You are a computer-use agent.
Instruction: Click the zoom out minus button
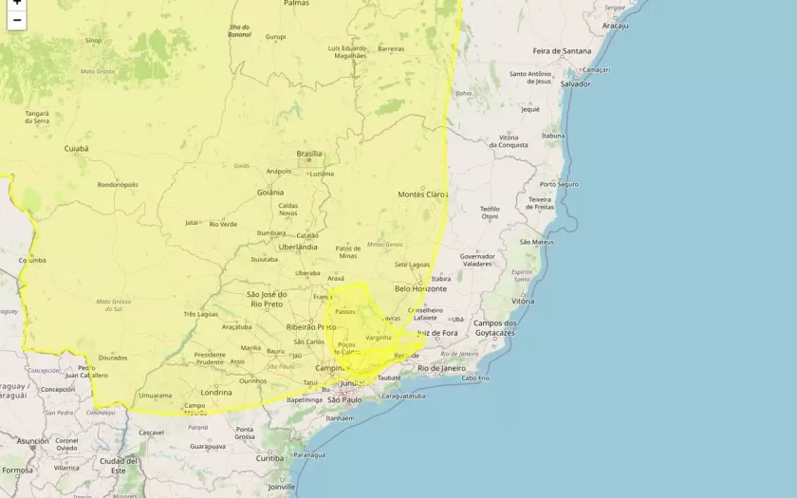coord(16,20)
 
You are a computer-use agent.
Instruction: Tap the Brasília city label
coord(309,154)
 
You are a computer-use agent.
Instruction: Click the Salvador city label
coord(575,83)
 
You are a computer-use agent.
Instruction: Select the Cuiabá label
coord(76,149)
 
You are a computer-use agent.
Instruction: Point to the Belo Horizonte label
coord(420,288)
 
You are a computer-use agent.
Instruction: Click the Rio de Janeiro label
coord(442,367)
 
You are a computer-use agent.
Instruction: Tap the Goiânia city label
coord(269,192)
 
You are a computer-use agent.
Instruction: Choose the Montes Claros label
coord(422,194)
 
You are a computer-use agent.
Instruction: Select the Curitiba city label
coord(269,458)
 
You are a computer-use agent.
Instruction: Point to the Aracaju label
coord(615,26)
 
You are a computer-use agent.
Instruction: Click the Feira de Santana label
coord(561,50)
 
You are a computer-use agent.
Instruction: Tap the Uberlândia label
coord(298,247)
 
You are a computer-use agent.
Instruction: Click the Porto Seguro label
coord(559,184)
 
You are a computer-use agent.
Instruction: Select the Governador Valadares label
coord(477,260)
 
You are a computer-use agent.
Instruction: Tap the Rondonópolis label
coord(118,185)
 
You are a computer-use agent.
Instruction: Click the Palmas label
coord(296,4)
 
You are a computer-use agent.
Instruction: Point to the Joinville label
coord(281,487)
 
